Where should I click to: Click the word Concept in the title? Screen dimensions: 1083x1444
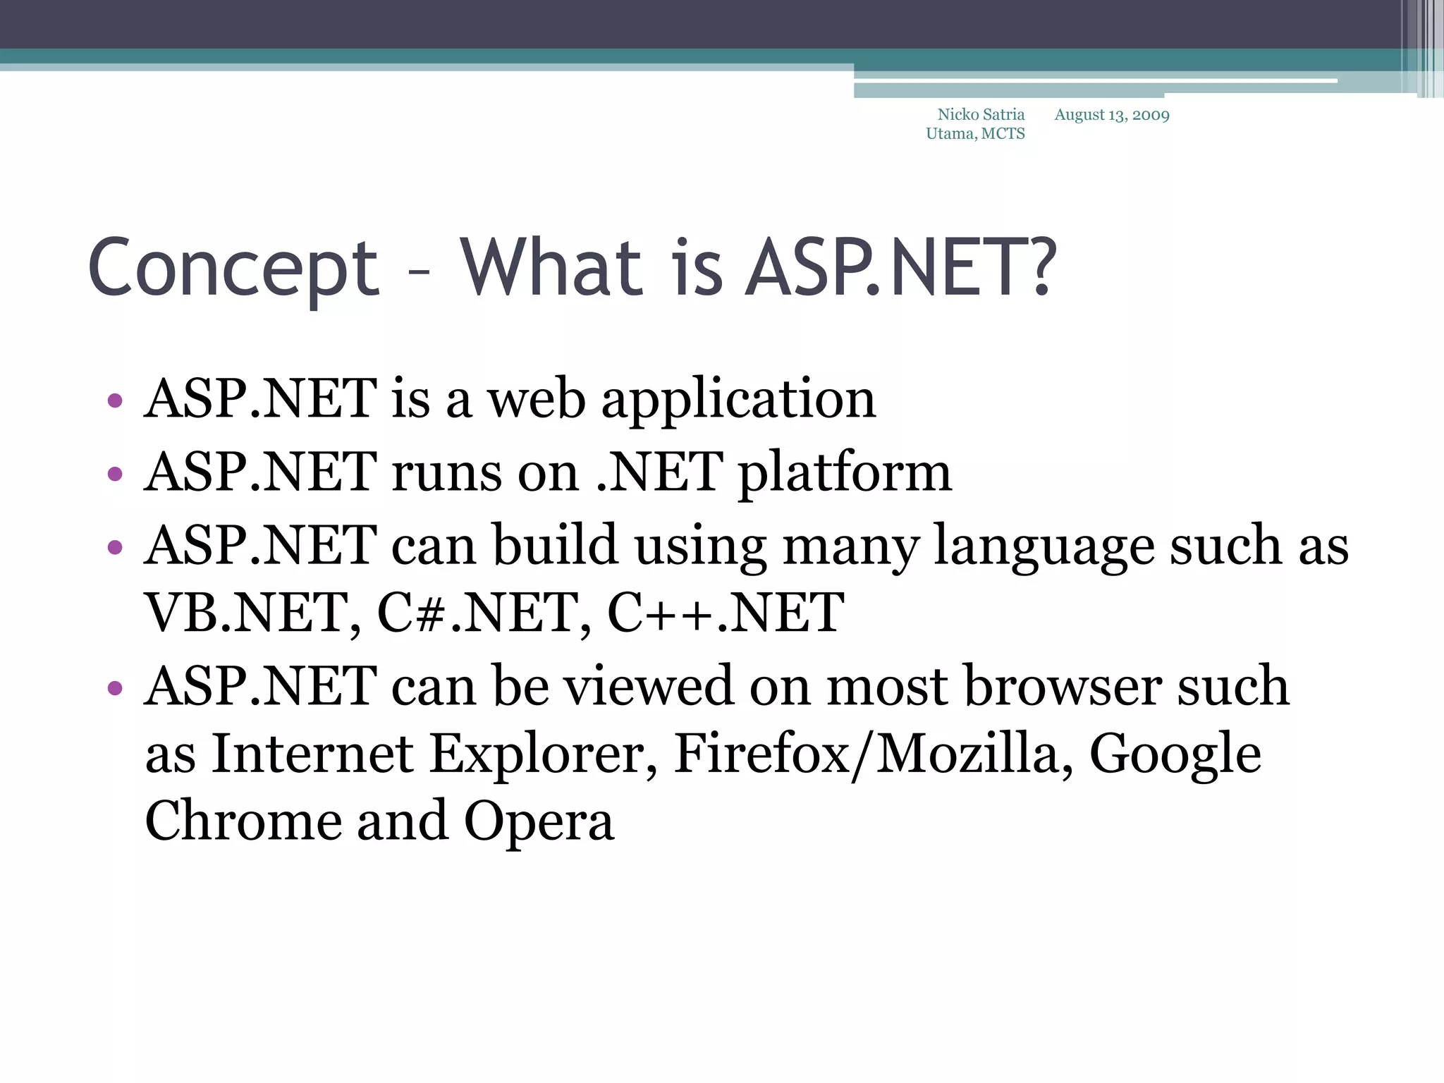tap(233, 268)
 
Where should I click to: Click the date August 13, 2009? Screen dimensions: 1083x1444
tap(1112, 115)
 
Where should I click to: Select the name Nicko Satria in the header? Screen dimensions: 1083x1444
tap(981, 114)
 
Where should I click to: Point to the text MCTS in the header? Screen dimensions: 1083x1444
tap(1003, 134)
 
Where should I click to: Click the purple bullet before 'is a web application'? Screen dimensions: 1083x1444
tap(115, 402)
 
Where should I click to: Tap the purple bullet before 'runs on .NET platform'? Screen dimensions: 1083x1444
tap(115, 475)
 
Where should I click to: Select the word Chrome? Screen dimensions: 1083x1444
tap(243, 821)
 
